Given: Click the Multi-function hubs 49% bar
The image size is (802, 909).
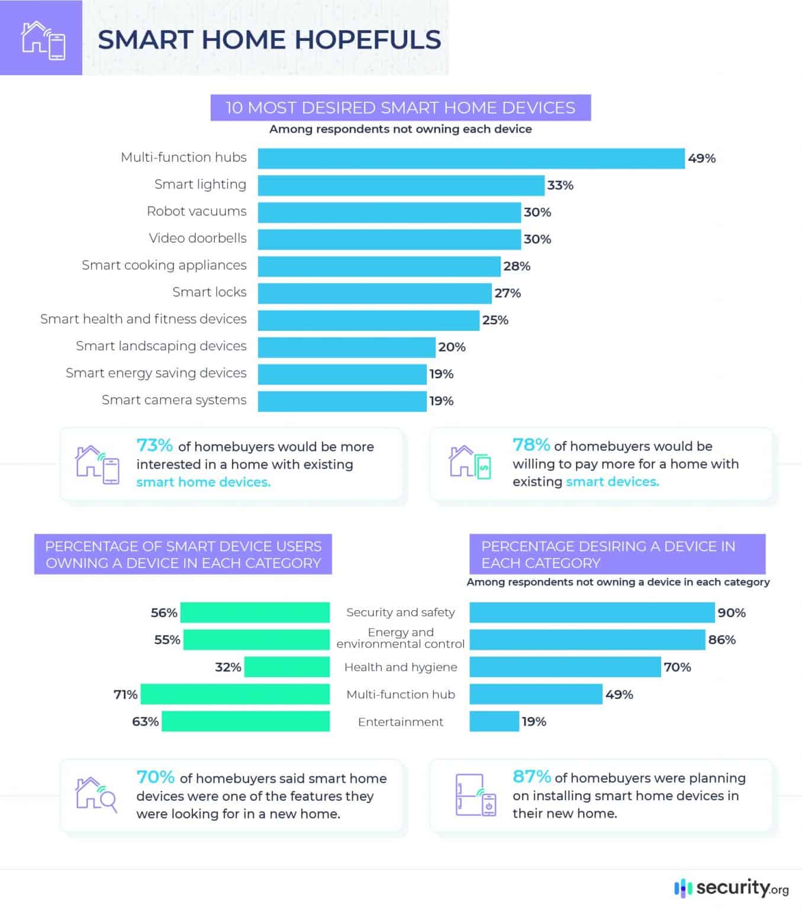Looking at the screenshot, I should tap(471, 158).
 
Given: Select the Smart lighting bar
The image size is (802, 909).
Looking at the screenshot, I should tap(401, 185).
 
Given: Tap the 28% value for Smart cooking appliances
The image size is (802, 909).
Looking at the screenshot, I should tap(517, 266).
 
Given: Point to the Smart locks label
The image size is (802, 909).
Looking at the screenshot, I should tap(209, 292).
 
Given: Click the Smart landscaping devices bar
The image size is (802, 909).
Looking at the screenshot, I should tap(346, 347).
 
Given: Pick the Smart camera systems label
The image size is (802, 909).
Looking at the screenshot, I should tap(174, 400).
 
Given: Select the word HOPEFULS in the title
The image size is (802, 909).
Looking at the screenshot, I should tap(368, 39).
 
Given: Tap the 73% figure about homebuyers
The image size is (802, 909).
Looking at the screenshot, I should tap(154, 445).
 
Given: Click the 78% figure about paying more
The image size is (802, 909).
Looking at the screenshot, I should tap(531, 444).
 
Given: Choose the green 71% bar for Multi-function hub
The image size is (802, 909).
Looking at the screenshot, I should tap(235, 694).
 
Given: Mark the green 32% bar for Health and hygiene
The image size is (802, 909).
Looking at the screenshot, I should tap(286, 667).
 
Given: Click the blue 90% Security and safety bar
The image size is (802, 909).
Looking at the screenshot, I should tap(592, 613).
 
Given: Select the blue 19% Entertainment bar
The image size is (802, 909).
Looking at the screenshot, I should tap(494, 721).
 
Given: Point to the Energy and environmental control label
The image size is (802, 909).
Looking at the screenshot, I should tap(401, 638).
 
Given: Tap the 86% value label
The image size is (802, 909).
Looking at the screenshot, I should tap(722, 640).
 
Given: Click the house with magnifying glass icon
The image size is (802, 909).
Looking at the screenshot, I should tap(96, 795).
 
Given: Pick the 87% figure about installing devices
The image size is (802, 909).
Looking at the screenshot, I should tap(532, 776).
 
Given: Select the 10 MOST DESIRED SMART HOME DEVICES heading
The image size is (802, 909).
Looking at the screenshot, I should tap(400, 108).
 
